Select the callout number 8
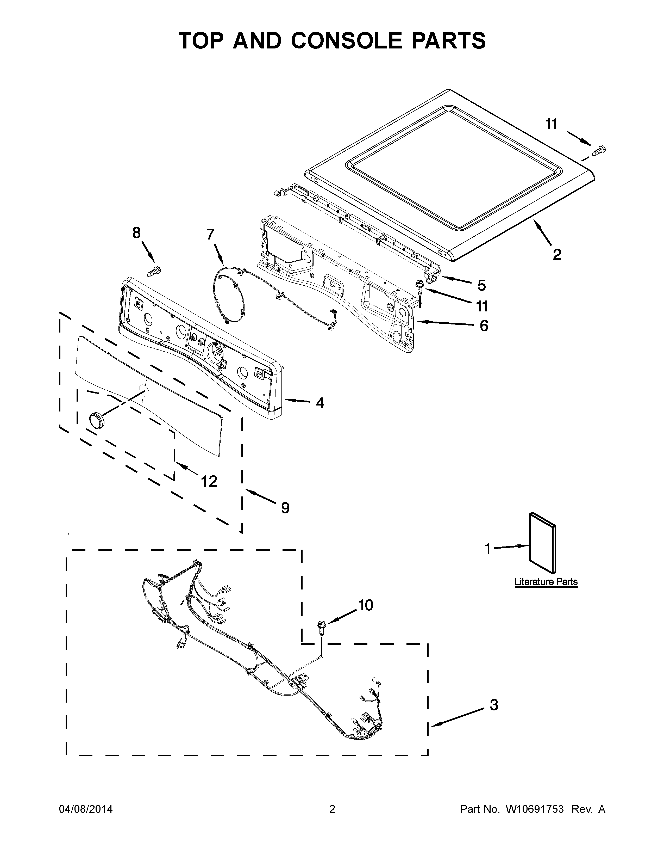click(136, 233)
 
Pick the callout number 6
click(484, 326)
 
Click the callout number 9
click(285, 508)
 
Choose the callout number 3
click(494, 705)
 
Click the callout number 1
click(488, 549)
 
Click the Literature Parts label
click(546, 582)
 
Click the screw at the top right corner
click(599, 150)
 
